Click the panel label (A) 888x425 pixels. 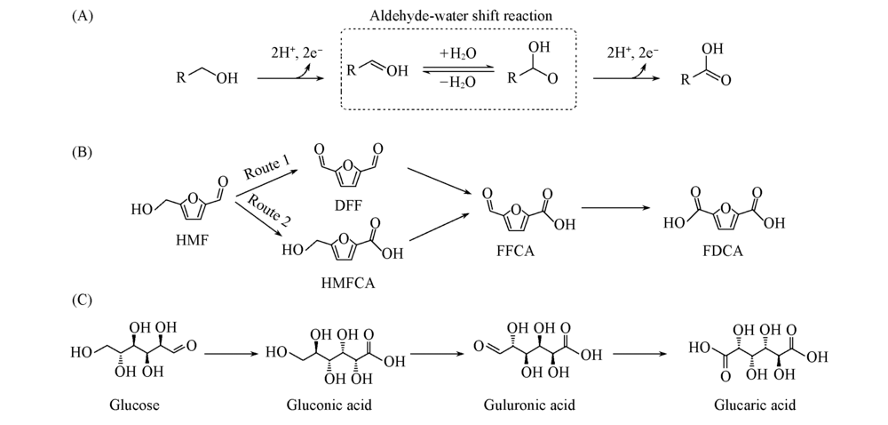pyautogui.click(x=83, y=17)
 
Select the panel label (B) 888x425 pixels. pyautogui.click(x=83, y=151)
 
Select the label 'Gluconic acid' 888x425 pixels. pyautogui.click(x=329, y=405)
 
